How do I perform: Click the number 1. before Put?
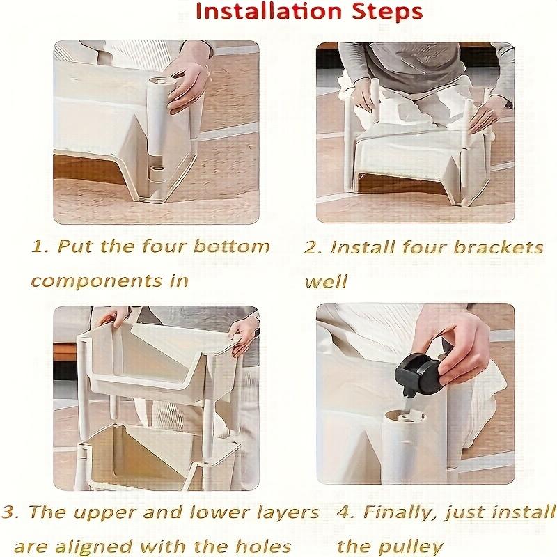(40, 246)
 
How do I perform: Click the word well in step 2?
(325, 281)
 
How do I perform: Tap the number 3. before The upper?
(10, 512)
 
